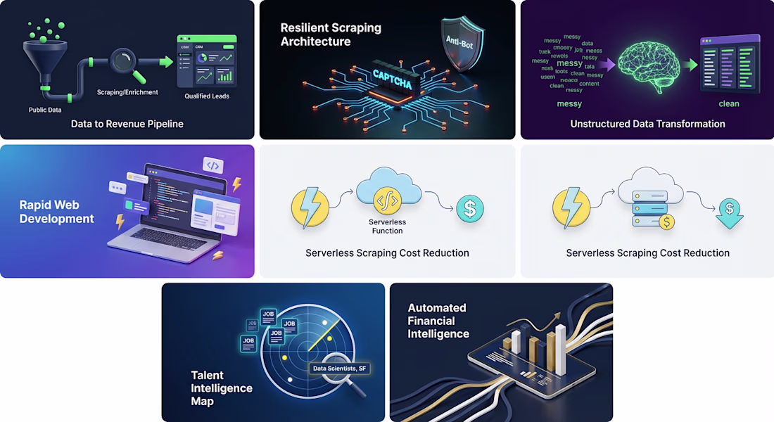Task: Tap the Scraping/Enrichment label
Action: [127, 92]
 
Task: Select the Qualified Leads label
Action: [207, 96]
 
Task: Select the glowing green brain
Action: [649, 65]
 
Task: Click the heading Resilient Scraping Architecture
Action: [331, 34]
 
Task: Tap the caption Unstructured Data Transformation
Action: [647, 124]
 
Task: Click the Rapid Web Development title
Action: [56, 212]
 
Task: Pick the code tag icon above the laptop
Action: [213, 165]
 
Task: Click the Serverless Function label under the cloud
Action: [387, 226]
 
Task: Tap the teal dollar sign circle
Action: [470, 208]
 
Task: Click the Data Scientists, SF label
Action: [340, 369]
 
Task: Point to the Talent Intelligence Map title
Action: [222, 388]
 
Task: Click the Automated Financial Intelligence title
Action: [438, 321]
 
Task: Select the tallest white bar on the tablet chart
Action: [560, 350]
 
